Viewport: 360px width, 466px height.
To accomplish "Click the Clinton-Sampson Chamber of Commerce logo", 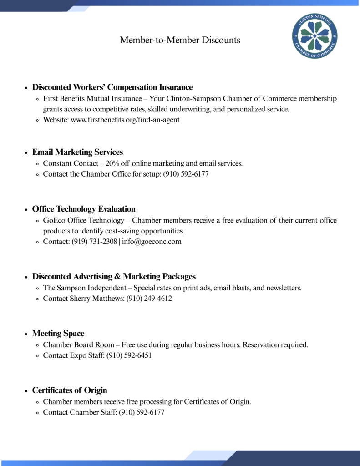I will click(314, 36).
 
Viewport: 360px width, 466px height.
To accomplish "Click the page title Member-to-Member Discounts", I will click(180, 40).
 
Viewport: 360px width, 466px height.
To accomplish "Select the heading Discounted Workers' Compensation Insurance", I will click(112, 87).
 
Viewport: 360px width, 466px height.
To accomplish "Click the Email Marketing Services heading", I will click(77, 152).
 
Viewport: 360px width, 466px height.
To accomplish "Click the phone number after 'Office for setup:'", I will click(186, 174).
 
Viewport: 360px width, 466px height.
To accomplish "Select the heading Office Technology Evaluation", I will click(84, 209).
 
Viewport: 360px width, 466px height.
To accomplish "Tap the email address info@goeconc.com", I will click(152, 242).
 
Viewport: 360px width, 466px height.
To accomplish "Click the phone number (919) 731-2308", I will click(94, 242).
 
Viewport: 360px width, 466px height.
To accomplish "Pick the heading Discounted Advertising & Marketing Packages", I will click(114, 277).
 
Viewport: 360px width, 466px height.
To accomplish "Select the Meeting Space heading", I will click(58, 334).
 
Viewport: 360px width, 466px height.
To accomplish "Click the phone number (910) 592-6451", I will click(129, 355).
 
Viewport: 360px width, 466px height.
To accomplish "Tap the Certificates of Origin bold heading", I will click(70, 390).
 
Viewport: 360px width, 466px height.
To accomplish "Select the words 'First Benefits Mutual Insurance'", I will click(92, 98).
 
